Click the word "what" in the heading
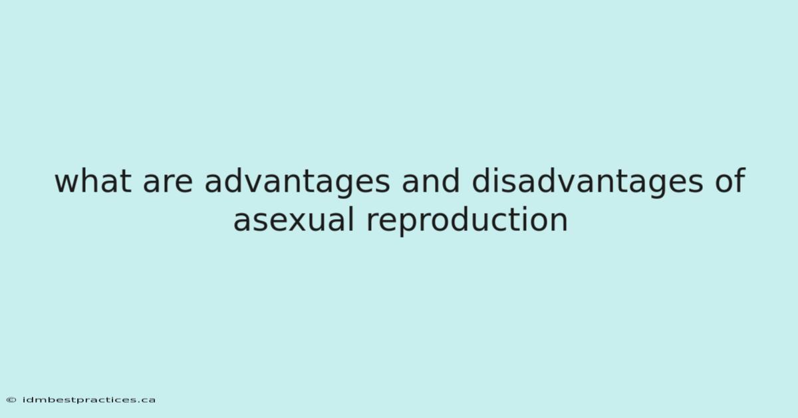[x=93, y=181]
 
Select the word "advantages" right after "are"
[x=297, y=182]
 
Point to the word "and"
[x=431, y=180]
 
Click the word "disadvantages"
[x=587, y=182]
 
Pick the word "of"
[x=730, y=180]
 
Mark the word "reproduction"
[x=467, y=221]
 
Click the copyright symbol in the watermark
[x=11, y=400]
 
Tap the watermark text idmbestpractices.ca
[x=89, y=400]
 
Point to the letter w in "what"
[x=68, y=184]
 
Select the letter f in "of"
[x=739, y=180]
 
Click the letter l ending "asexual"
[x=351, y=219]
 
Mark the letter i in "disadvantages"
[x=497, y=180]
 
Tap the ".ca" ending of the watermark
[x=147, y=401]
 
